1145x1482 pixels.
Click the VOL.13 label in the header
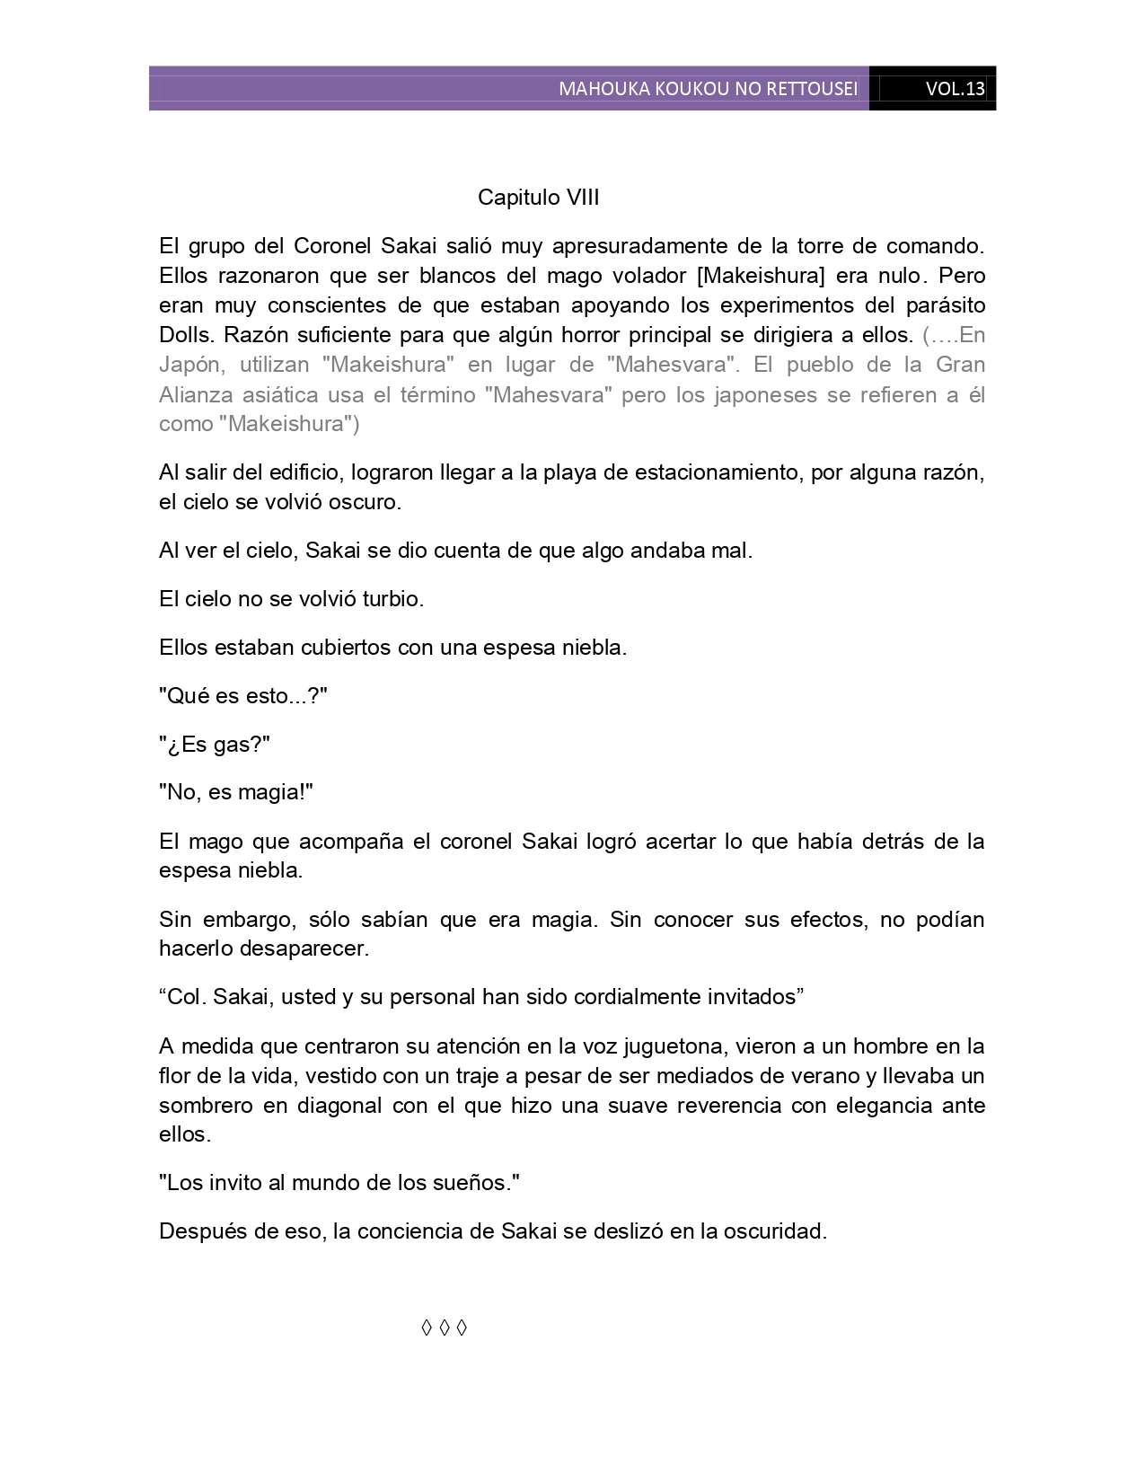[955, 89]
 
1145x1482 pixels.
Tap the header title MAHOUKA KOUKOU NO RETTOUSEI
[708, 89]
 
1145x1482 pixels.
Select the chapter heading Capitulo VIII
[538, 198]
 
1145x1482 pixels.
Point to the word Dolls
[185, 335]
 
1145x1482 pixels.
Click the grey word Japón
[189, 365]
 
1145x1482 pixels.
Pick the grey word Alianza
[196, 394]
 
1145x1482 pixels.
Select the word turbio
[392, 599]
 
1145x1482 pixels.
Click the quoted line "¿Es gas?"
[215, 745]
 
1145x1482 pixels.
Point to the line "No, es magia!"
[236, 792]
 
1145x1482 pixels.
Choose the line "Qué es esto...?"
[243, 696]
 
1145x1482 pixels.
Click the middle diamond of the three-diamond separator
[444, 1328]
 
